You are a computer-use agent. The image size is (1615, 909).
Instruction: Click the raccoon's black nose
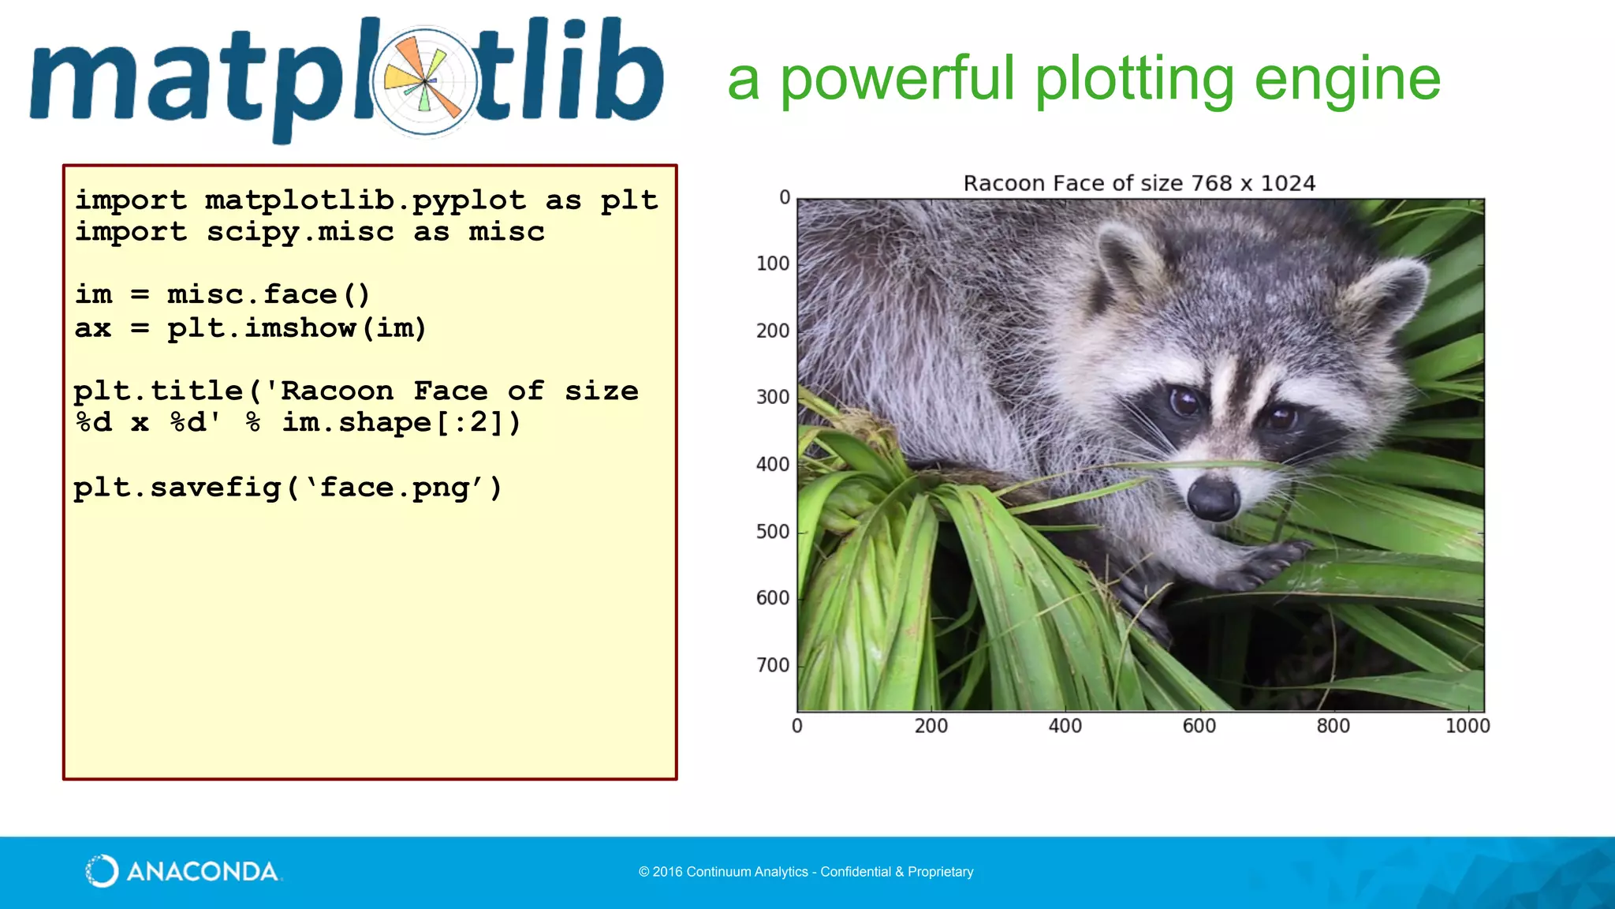tap(1213, 498)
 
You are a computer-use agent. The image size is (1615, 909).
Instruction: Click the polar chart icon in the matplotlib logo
tap(425, 81)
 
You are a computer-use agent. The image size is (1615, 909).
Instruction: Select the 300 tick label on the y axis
tap(772, 397)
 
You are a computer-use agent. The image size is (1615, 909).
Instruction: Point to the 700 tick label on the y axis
tap(772, 665)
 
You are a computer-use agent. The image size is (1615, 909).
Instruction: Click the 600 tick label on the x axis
tap(1199, 726)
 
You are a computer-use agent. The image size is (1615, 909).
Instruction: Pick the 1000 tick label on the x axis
tap(1467, 726)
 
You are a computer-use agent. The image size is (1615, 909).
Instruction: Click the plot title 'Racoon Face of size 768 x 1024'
tap(1139, 183)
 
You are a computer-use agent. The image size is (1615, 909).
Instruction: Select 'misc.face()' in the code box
tap(268, 294)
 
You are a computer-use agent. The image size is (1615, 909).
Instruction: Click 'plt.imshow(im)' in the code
tap(297, 327)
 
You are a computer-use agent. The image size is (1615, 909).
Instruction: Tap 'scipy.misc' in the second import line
tap(300, 232)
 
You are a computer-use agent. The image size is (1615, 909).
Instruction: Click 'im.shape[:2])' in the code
tap(401, 422)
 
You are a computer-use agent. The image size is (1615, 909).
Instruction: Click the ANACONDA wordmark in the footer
tap(202, 871)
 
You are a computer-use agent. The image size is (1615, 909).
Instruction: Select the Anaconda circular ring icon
tap(102, 871)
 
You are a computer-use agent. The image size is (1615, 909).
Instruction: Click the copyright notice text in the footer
tap(806, 872)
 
